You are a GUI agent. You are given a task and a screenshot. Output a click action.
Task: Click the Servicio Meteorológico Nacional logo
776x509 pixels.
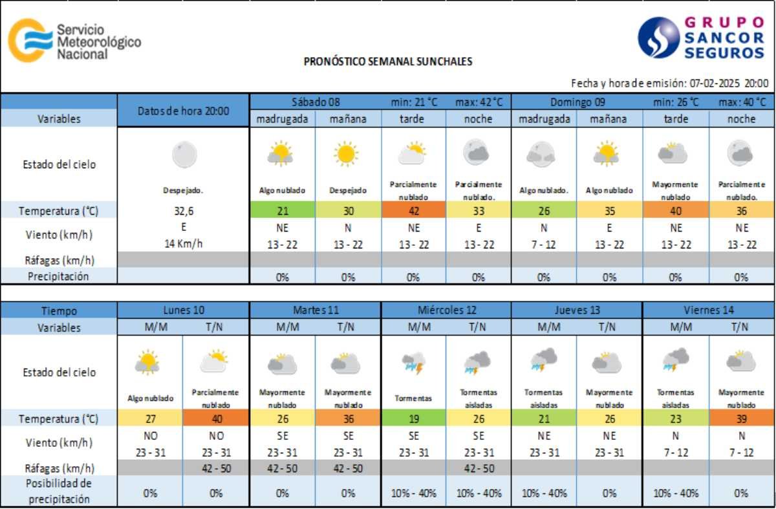[74, 41]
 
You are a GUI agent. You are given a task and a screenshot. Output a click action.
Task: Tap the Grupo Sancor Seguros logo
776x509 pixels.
[701, 38]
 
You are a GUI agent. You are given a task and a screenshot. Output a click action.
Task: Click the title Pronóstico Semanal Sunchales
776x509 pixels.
[388, 62]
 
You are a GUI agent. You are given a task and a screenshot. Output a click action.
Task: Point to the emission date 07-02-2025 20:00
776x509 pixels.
[729, 83]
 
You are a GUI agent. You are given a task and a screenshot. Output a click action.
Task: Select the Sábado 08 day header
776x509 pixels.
[315, 102]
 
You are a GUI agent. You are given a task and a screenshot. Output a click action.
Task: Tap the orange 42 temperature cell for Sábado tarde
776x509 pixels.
[413, 210]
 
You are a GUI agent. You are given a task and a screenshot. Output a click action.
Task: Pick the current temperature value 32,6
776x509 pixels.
[183, 210]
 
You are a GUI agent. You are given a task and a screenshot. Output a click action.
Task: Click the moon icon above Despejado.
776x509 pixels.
[184, 155]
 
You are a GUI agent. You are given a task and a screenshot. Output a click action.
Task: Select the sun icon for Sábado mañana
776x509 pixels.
[347, 153]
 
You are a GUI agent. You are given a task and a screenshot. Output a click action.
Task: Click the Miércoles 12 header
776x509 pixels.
[446, 310]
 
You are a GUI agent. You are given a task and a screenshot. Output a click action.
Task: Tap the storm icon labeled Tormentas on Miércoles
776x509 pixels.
[413, 364]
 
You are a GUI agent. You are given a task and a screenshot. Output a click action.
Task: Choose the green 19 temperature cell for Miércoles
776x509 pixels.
[413, 418]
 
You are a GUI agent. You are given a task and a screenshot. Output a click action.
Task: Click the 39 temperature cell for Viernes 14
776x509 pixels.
[741, 418]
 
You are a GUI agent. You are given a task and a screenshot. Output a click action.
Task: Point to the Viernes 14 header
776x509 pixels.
[709, 310]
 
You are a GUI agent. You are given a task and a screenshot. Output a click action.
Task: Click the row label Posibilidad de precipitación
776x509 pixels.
[58, 492]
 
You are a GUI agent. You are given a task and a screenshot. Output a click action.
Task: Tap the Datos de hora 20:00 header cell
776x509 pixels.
[183, 111]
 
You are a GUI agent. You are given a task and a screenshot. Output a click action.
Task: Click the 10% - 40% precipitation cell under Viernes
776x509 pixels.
[675, 493]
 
